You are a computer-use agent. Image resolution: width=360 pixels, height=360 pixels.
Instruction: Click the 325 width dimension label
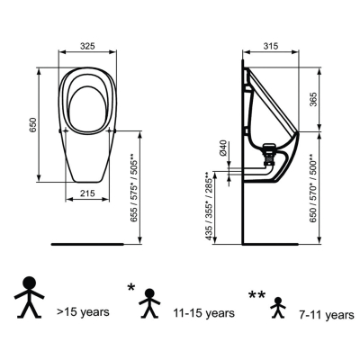[87, 46]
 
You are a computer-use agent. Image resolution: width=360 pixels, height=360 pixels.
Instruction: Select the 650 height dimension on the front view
[32, 125]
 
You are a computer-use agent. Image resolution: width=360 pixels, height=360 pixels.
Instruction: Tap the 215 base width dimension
[87, 193]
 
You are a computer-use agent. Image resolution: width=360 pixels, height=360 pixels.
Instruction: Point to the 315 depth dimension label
[270, 46]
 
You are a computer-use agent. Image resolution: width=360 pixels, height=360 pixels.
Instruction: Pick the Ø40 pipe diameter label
[223, 148]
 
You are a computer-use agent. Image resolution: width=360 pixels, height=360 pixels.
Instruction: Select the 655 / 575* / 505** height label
[134, 187]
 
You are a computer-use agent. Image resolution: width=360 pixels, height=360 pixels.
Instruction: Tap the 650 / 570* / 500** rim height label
[313, 188]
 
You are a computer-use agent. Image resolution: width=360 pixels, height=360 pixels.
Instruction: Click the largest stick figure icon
[30, 297]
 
